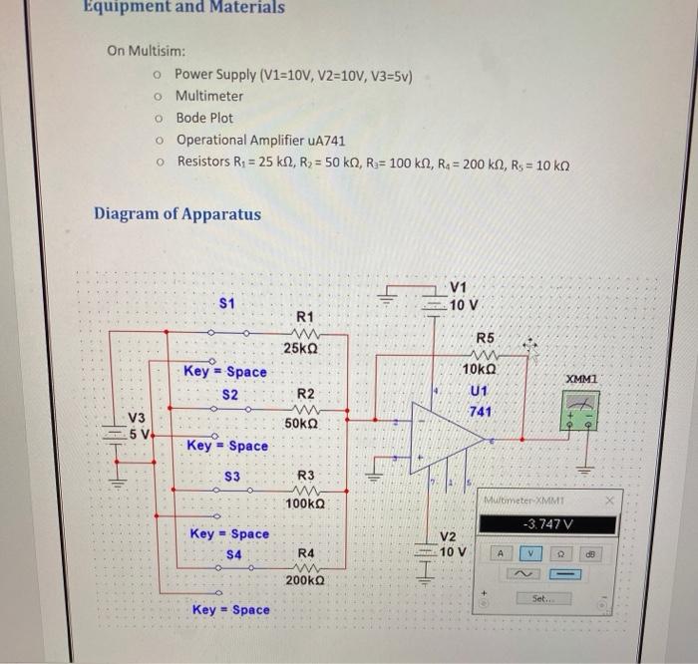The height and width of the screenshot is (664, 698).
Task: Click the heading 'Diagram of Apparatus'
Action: pos(176,214)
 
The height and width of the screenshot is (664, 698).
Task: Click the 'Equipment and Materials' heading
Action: pos(184,8)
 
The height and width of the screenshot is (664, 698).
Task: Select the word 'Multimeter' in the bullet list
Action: pos(208,96)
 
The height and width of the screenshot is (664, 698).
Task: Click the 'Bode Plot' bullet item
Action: pos(204,118)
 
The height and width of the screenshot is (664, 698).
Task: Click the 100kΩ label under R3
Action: pos(305,504)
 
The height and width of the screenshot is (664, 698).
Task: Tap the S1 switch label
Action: pos(227,301)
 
